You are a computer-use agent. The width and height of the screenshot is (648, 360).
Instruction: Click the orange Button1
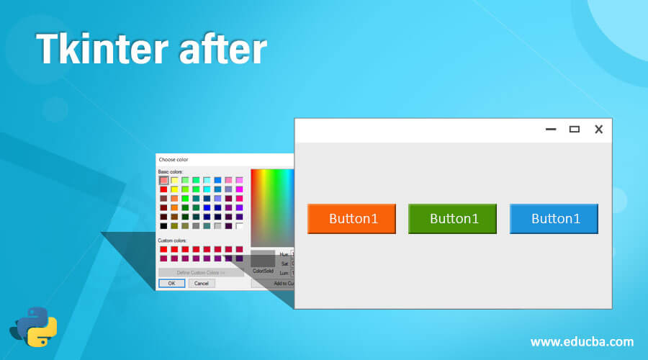353,219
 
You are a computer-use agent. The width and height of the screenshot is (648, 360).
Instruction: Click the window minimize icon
552,130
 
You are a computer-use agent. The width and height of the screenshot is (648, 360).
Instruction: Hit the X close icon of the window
598,130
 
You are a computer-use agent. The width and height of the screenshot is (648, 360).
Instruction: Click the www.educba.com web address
582,341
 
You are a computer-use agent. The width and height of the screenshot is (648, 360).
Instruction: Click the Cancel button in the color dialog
202,284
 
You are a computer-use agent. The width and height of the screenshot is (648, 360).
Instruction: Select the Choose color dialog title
173,159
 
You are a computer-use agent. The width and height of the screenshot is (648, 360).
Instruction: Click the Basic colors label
171,171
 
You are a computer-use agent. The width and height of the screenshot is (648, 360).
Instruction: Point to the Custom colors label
172,240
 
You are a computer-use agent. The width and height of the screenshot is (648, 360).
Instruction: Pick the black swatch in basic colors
163,226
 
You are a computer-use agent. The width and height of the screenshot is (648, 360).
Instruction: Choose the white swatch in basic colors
239,226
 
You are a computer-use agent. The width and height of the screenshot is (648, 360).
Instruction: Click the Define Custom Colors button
201,272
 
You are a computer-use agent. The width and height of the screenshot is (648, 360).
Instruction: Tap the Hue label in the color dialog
283,254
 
